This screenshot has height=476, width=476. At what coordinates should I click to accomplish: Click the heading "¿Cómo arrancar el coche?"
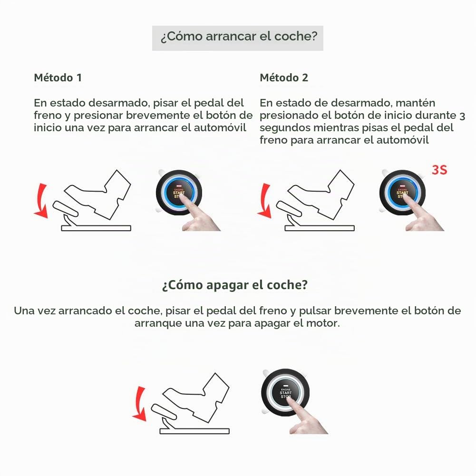pyautogui.click(x=239, y=37)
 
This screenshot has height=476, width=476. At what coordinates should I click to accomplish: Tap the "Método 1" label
pyautogui.click(x=58, y=78)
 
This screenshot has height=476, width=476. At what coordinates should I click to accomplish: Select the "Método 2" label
pyautogui.click(x=284, y=78)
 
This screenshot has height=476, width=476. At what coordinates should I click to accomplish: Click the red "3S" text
pyautogui.click(x=439, y=170)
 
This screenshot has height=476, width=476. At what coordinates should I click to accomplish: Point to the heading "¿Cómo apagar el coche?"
pyautogui.click(x=234, y=285)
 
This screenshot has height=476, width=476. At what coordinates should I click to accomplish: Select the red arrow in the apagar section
pyautogui.click(x=139, y=404)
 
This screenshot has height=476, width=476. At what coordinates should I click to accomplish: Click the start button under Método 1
pyautogui.click(x=179, y=193)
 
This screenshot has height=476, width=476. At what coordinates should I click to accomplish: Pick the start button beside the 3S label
pyautogui.click(x=402, y=193)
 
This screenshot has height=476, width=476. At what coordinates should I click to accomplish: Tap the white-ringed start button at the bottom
pyautogui.click(x=285, y=392)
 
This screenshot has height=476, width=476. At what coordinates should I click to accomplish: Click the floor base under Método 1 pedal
pyautogui.click(x=96, y=228)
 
